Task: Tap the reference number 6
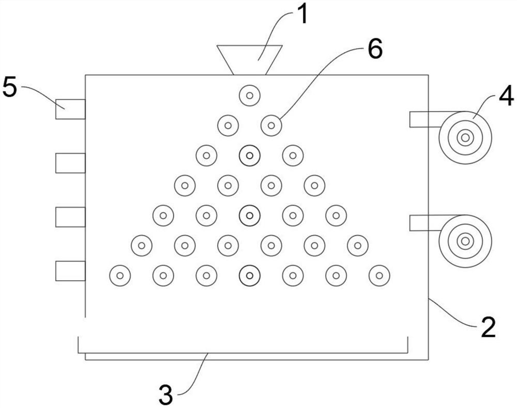373,51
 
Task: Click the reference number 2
486,328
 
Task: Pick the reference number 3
165,395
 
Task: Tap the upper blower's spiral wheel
465,138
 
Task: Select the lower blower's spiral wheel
465,241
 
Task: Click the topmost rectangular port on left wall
70,109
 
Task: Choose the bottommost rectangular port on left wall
70,271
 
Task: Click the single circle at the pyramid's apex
249,95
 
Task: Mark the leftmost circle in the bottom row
120,275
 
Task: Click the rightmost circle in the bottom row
379,275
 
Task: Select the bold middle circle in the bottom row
249,275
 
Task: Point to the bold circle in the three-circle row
249,155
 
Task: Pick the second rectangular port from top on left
70,163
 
